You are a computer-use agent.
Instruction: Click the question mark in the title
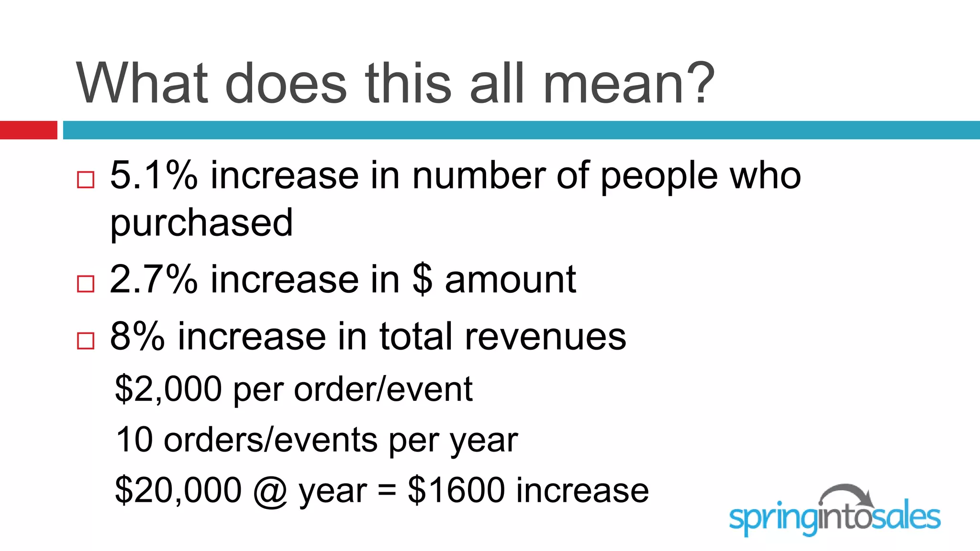click(x=699, y=84)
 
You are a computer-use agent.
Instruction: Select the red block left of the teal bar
click(x=28, y=130)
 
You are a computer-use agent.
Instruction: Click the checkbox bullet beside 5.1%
click(x=86, y=180)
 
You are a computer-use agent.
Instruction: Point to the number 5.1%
click(x=154, y=176)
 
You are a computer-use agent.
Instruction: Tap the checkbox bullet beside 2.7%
click(x=86, y=284)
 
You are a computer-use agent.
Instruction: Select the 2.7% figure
click(x=154, y=279)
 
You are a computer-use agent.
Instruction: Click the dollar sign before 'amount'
click(x=422, y=279)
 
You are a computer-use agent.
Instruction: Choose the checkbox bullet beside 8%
click(x=86, y=341)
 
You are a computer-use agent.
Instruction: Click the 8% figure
click(x=137, y=337)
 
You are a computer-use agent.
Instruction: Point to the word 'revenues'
click(x=545, y=337)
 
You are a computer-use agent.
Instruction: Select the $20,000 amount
click(x=178, y=490)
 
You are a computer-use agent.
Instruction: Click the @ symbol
click(x=270, y=491)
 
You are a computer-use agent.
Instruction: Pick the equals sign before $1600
click(x=387, y=491)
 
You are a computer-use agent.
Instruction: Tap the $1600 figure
click(x=456, y=490)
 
